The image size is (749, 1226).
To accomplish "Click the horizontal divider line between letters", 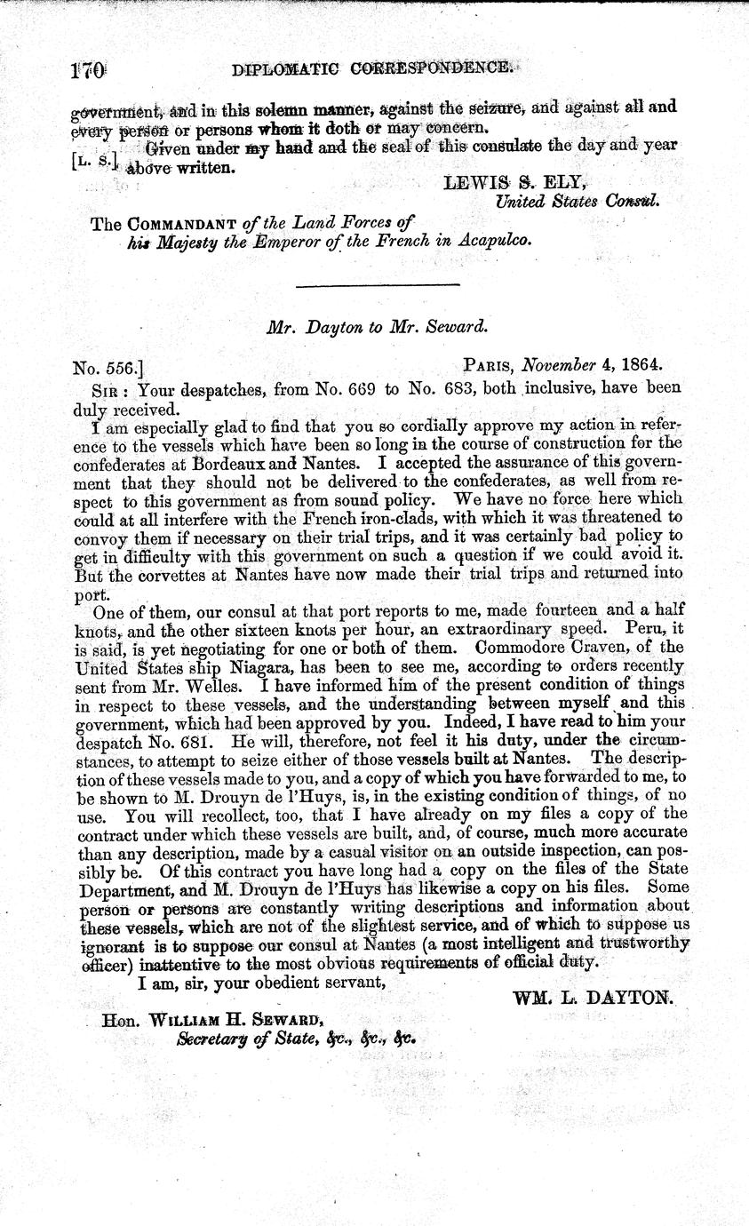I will click(376, 284).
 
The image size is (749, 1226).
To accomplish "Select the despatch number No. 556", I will click(107, 363).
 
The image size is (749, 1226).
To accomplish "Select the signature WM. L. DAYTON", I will click(593, 998).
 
